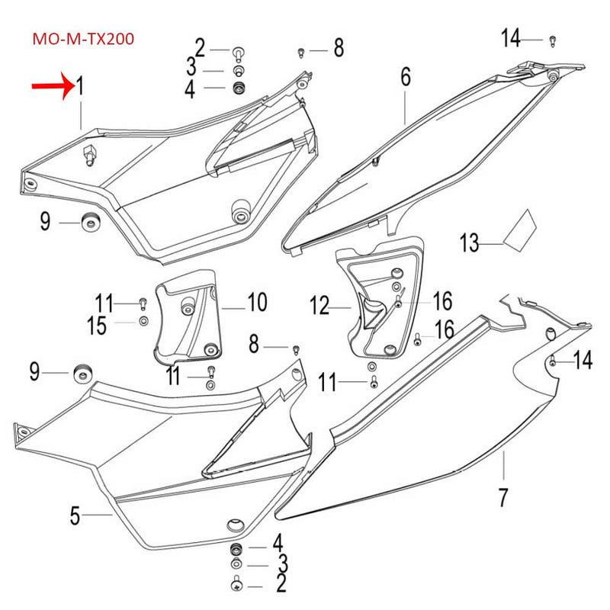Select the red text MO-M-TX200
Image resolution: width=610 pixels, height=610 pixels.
click(83, 39)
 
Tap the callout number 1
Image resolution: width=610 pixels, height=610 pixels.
click(78, 87)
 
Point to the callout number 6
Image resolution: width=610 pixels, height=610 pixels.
click(405, 76)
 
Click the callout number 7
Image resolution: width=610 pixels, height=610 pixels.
click(503, 497)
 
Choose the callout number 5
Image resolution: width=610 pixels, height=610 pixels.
click(75, 516)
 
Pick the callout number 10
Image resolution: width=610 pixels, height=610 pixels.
click(257, 303)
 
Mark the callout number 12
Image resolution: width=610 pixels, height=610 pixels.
click(319, 307)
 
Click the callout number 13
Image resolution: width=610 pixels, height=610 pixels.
click(470, 244)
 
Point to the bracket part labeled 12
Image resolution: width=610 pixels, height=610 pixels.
click(379, 301)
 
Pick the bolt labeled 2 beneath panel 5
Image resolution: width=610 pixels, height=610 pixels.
click(236, 585)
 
